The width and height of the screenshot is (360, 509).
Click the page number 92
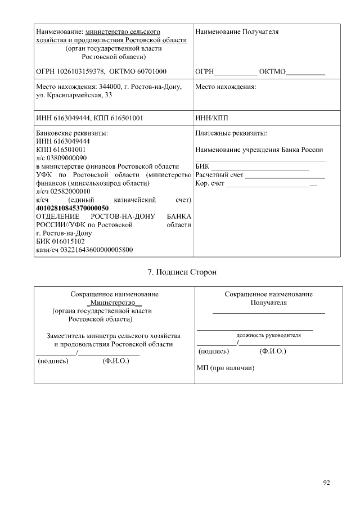click(327, 483)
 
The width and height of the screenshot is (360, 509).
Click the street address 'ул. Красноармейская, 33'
click(74, 96)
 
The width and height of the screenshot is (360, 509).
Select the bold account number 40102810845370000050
click(72, 208)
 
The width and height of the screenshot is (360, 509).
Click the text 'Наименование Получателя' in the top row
click(237, 32)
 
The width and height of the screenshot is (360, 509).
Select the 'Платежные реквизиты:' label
click(231, 133)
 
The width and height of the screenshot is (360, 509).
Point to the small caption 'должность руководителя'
click(268, 335)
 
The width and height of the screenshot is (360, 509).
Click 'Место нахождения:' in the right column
click(226, 87)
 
